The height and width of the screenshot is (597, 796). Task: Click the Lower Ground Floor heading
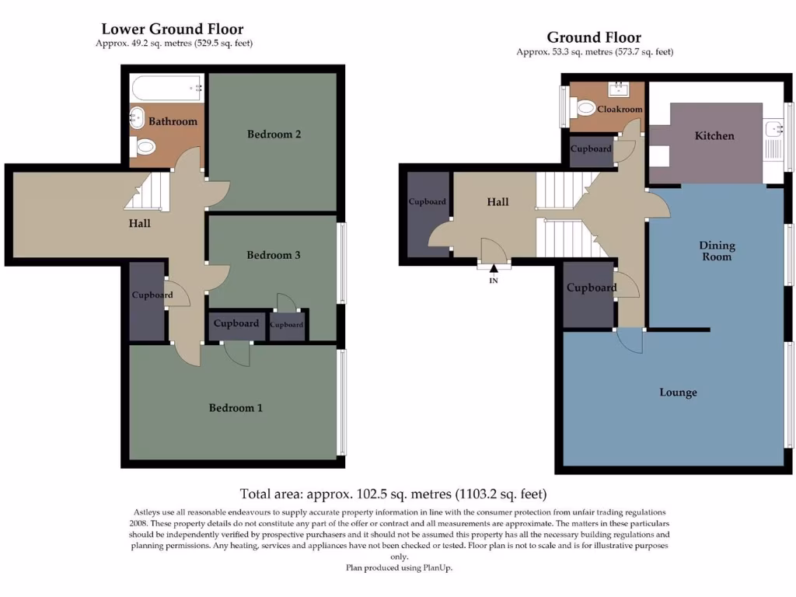click(173, 30)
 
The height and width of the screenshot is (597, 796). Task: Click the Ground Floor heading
click(594, 37)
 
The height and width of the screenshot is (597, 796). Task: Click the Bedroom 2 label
click(274, 134)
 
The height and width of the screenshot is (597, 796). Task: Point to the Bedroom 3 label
click(274, 255)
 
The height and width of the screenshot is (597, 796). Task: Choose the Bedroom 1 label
click(236, 407)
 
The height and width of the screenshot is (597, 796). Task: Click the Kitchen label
click(714, 136)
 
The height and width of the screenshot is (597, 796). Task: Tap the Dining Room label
click(717, 251)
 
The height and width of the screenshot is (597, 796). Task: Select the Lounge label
click(678, 393)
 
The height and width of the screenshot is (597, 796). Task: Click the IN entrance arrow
click(493, 270)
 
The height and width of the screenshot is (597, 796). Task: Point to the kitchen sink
click(773, 129)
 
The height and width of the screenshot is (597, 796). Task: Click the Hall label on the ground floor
click(497, 202)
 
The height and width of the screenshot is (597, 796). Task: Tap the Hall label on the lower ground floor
click(139, 224)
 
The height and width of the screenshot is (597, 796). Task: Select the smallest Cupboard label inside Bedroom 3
click(287, 325)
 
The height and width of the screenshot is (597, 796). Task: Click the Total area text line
click(393, 494)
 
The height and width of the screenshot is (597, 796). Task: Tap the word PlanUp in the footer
click(436, 568)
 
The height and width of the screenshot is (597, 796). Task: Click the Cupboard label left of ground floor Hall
click(427, 202)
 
